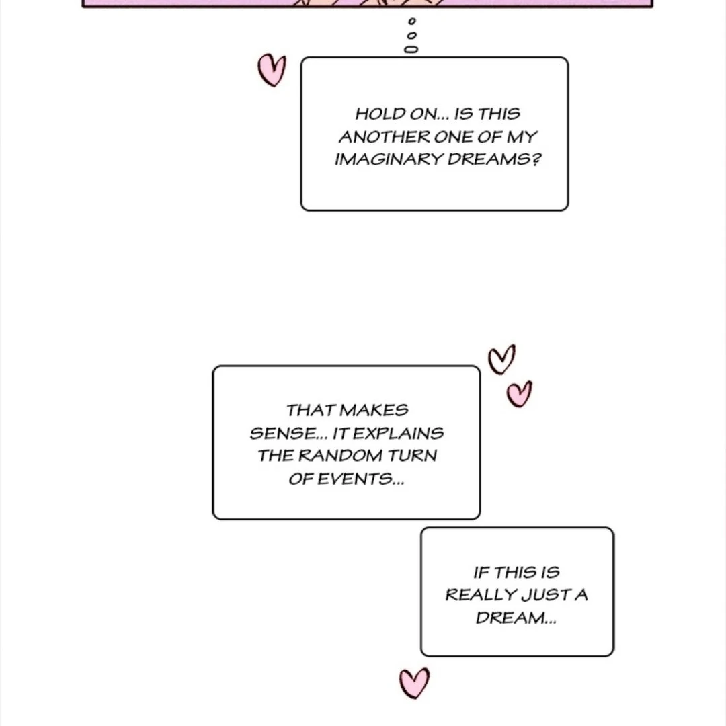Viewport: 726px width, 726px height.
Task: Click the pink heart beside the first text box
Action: (272, 71)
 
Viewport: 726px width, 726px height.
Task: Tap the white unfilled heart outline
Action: (501, 359)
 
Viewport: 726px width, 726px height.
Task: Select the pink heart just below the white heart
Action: (519, 394)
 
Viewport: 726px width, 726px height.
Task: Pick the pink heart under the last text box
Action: (414, 683)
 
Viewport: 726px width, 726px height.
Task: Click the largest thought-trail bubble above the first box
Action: (411, 49)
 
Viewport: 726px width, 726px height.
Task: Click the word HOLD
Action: (375, 114)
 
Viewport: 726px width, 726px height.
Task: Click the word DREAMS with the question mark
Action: (494, 159)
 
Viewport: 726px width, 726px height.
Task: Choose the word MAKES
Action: (374, 410)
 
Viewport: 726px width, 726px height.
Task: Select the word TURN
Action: (412, 456)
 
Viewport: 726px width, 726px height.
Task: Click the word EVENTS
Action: (354, 479)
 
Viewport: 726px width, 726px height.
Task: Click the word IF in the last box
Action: (481, 573)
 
